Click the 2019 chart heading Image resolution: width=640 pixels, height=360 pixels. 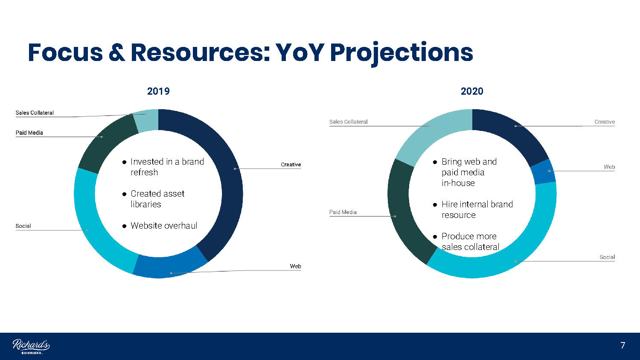pos(158,91)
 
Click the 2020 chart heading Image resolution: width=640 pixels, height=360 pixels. pos(472,91)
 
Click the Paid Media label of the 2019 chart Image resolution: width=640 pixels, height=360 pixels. pos(29,133)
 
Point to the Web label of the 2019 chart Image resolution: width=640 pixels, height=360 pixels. pos(295,266)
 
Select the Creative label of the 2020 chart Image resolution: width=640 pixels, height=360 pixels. pos(605,122)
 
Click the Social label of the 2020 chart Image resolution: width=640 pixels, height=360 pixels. pos(607,257)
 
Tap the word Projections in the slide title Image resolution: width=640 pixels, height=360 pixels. pos(401,53)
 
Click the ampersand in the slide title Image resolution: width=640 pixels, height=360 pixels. pos(117,52)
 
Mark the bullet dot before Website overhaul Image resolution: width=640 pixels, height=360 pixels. pos(124,226)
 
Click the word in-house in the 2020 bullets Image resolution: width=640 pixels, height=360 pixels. pos(458,183)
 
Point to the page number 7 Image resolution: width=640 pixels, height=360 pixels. pos(623,345)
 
